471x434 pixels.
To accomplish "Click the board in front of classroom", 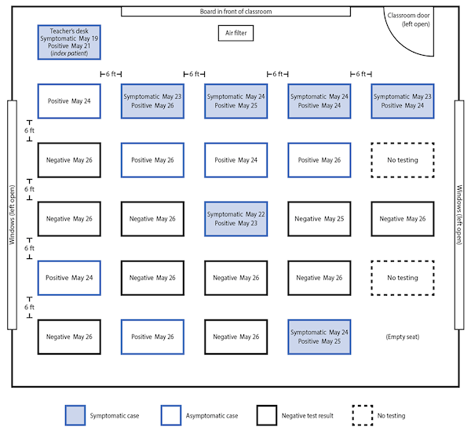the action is coord(235,12).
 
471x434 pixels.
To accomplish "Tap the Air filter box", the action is coord(235,33).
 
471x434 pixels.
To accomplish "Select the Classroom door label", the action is coord(408,20).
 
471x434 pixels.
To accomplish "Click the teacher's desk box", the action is coord(69,42).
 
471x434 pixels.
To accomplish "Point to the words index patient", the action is coord(69,53).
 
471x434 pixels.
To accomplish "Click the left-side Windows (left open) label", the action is coord(12,215).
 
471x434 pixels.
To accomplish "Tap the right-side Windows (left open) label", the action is coord(459,215).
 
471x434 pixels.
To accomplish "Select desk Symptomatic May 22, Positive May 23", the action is coord(235,219).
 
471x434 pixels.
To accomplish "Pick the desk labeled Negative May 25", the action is coord(319,219).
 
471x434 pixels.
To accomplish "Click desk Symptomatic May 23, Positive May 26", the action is coord(152,101).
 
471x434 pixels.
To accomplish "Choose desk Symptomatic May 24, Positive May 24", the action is coord(319,101).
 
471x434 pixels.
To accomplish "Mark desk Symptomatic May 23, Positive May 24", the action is coord(403,101).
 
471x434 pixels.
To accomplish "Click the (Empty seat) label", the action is coord(403,337).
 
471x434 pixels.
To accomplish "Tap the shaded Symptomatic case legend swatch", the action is coord(75,415).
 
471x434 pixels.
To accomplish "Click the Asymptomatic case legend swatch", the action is coord(171,415).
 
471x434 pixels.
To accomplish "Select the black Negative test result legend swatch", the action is coord(267,415).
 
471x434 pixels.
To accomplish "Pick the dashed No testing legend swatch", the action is coord(363,415).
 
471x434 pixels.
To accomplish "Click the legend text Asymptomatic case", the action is coord(212,416).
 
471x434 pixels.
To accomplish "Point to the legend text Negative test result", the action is coord(307,416).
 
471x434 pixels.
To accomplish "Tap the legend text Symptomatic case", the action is coord(115,416).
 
